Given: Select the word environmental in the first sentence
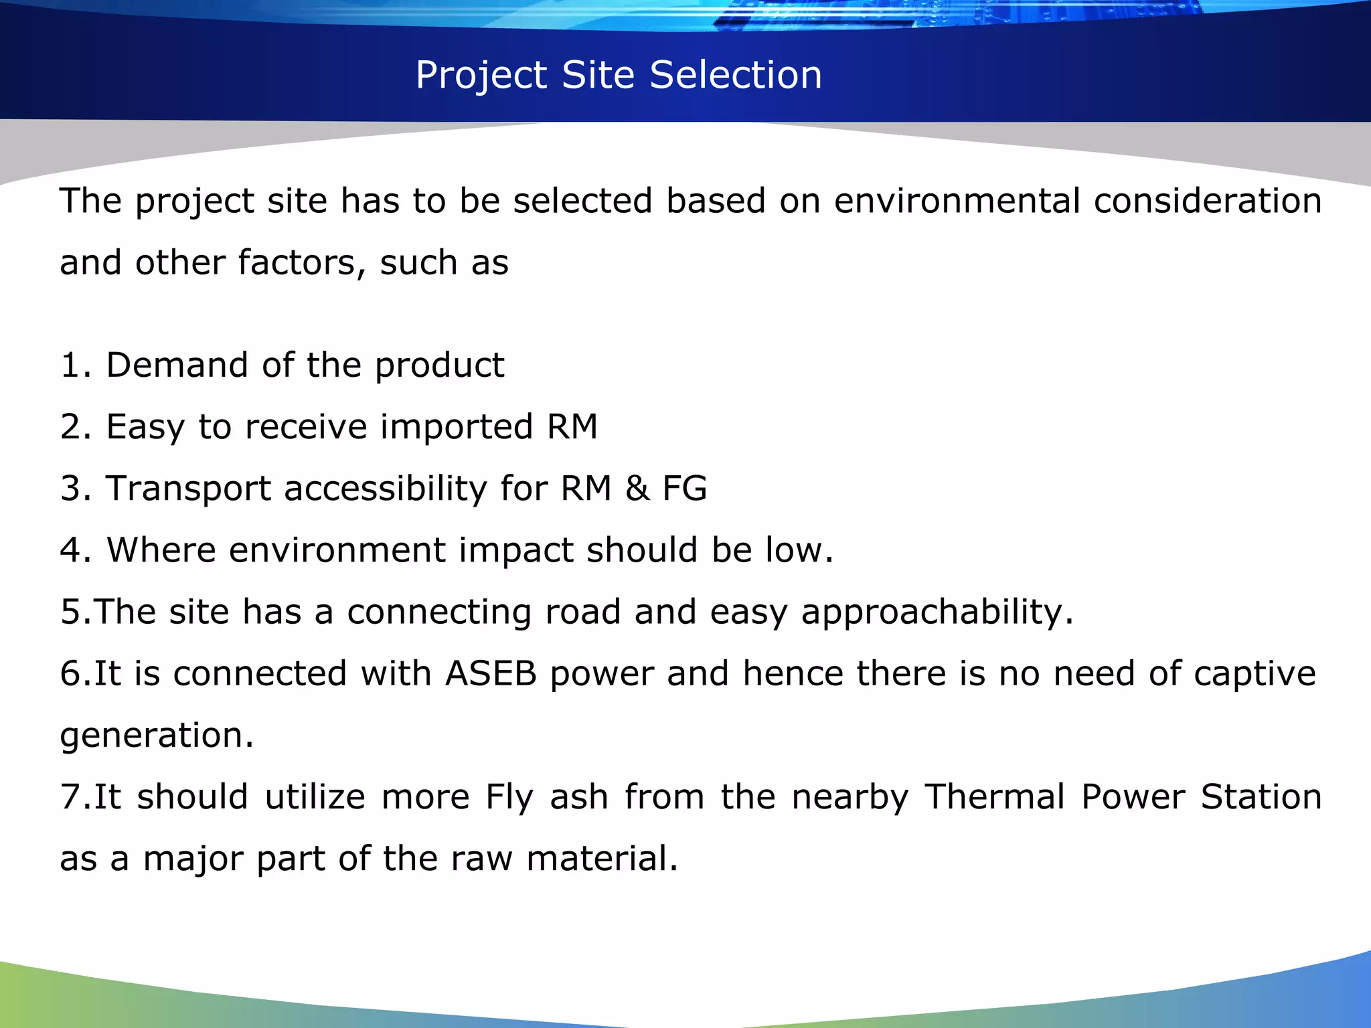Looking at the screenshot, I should (x=957, y=201).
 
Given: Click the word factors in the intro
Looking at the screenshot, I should (x=301, y=262).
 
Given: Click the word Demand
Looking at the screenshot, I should (x=177, y=365).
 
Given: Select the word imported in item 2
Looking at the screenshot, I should (x=457, y=428).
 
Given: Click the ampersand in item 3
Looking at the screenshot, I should (x=637, y=488).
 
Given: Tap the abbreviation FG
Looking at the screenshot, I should (x=684, y=488).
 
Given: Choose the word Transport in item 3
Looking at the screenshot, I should (x=188, y=489).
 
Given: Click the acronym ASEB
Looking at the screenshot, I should (x=491, y=673).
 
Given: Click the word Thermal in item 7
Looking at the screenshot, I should (x=994, y=796).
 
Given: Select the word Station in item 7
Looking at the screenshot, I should (x=1261, y=796).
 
